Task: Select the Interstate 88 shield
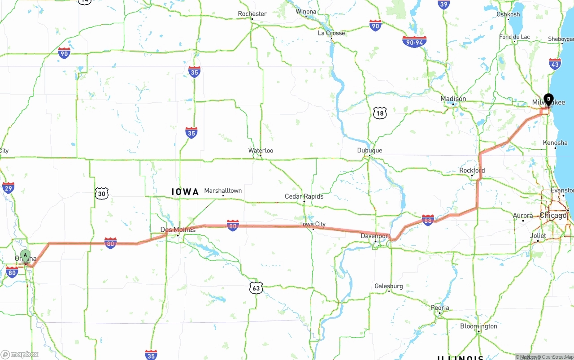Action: tap(428, 220)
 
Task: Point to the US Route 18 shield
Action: tap(379, 113)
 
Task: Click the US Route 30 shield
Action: tap(102, 193)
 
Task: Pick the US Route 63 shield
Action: tap(256, 288)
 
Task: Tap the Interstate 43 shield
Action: tap(555, 64)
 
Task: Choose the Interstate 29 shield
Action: tap(8, 187)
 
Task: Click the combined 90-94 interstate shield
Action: tap(414, 42)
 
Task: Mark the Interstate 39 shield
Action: tap(444, 4)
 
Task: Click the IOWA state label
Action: tap(185, 192)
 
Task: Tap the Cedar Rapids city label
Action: tap(304, 196)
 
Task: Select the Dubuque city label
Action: tap(370, 151)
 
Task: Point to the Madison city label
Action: tap(453, 99)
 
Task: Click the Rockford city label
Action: tap(472, 170)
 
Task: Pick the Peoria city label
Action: tap(439, 308)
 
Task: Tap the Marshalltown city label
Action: tap(223, 191)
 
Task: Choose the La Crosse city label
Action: tap(331, 33)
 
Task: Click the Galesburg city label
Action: tap(389, 286)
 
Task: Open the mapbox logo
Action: tap(19, 354)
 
